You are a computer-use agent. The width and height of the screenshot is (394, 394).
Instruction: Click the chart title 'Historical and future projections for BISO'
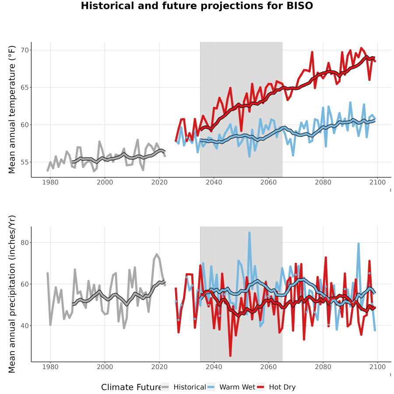coord(197,6)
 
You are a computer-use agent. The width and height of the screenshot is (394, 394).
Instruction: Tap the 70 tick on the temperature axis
coord(25,50)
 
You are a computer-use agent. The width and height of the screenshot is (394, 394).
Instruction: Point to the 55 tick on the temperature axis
coord(25,162)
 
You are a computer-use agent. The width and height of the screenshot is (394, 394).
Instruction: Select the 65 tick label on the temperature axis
coord(25,88)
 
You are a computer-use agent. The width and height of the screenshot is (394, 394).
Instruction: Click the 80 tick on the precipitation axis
coord(25,243)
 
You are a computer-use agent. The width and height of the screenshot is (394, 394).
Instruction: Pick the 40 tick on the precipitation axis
coord(25,326)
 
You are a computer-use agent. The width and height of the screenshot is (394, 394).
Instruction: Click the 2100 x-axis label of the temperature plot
coord(377,182)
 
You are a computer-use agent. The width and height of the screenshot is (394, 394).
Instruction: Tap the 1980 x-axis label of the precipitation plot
coord(50,367)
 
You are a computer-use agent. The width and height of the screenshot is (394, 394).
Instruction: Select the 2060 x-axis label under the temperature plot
coord(268,182)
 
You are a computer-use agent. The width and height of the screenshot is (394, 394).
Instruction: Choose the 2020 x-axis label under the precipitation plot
coord(159,367)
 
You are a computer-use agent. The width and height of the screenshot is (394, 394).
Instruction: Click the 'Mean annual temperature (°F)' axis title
coord(12,109)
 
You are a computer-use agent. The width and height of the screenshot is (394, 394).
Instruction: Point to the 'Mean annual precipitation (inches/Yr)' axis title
coord(12,294)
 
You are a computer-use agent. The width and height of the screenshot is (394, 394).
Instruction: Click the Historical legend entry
coord(184,387)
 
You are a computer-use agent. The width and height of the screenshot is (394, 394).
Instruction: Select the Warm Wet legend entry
coord(231,387)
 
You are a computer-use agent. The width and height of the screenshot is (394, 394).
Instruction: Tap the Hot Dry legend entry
coord(276,387)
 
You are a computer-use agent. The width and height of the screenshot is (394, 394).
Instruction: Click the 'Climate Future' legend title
coord(131,387)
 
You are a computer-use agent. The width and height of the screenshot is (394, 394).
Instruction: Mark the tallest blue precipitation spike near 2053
coord(249,233)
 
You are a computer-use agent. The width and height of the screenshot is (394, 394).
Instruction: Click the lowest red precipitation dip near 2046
coord(230,356)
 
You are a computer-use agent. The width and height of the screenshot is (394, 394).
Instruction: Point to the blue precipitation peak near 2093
coord(358,243)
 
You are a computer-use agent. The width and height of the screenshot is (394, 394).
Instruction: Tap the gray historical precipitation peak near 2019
coord(157,254)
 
